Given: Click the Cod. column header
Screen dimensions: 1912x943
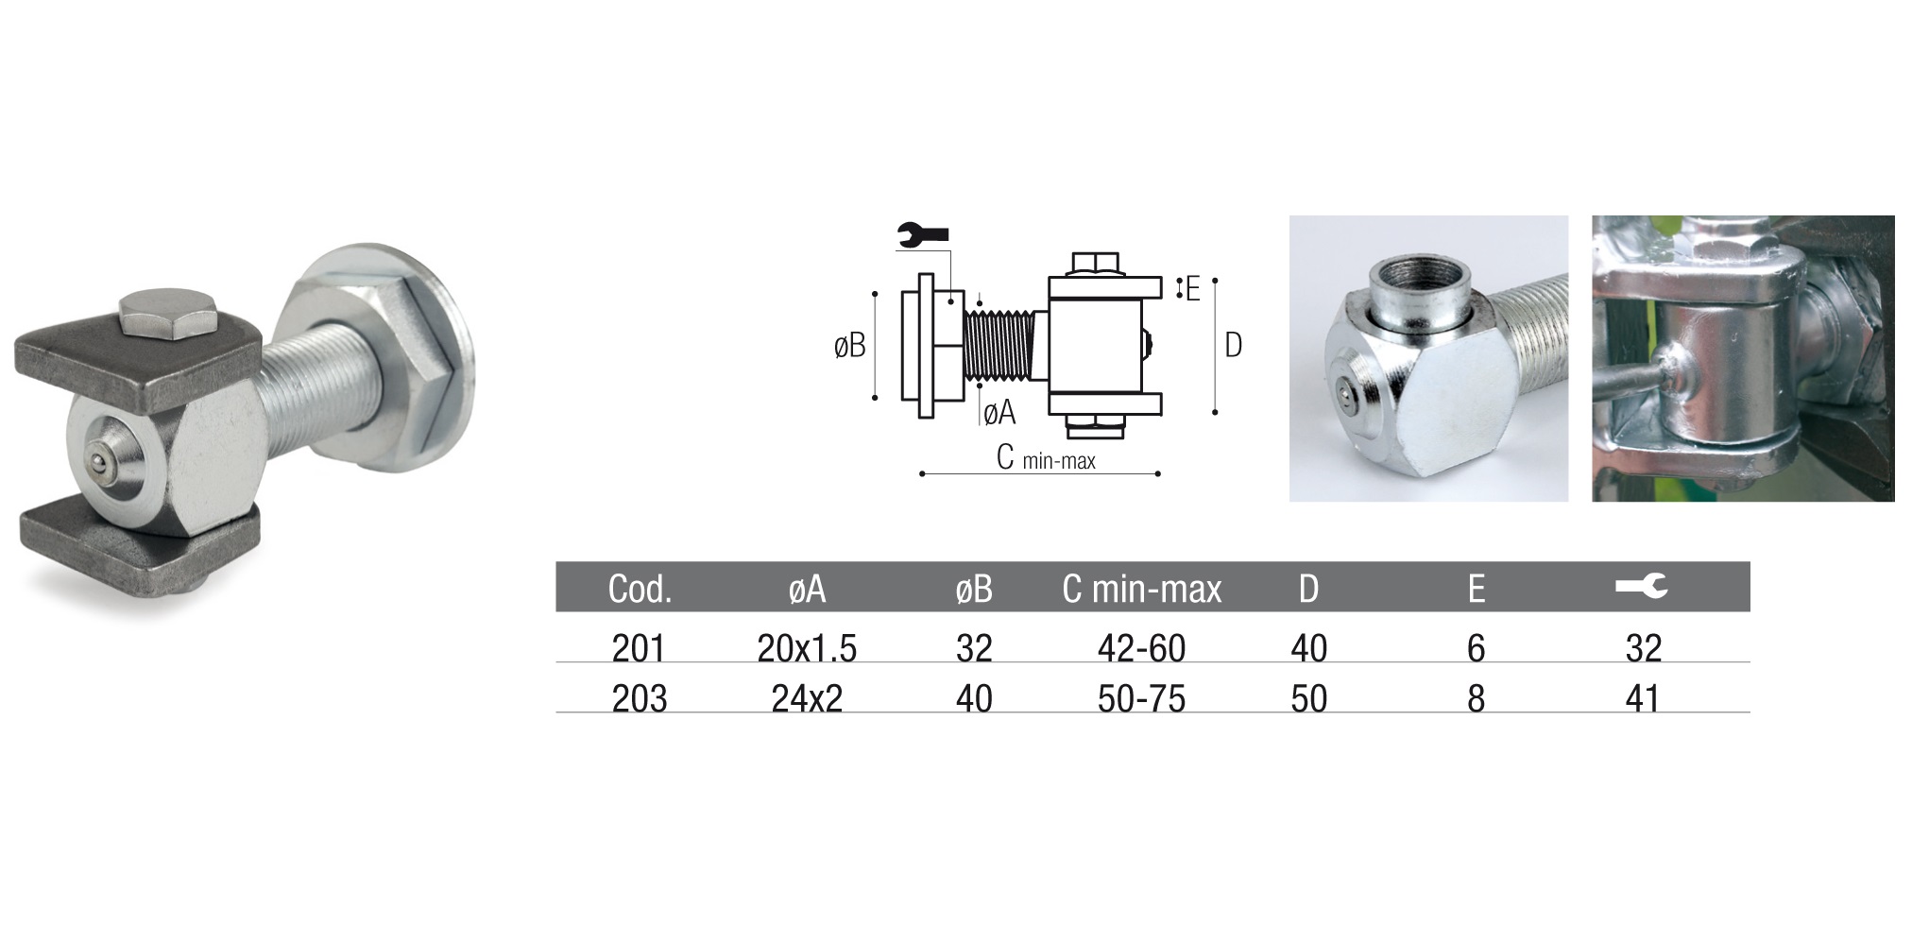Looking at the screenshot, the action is pyautogui.click(x=640, y=589).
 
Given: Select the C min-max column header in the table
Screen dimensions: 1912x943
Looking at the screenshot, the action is pyautogui.click(x=1141, y=589).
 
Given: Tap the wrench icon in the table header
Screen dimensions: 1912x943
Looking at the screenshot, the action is pyautogui.click(x=1642, y=587).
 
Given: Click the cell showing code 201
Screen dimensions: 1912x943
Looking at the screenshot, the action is pyautogui.click(x=640, y=648).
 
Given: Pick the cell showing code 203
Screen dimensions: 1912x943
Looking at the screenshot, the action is pyautogui.click(x=640, y=698).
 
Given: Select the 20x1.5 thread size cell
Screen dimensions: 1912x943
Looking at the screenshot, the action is pyautogui.click(x=807, y=648).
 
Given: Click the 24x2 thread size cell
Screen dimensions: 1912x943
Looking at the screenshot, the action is pyautogui.click(x=807, y=698).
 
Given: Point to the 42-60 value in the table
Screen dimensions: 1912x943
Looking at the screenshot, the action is pyautogui.click(x=1141, y=648).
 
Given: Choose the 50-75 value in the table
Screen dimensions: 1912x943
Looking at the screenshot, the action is pyautogui.click(x=1141, y=698).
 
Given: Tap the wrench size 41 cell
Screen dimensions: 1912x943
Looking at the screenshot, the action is pyautogui.click(x=1643, y=698).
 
